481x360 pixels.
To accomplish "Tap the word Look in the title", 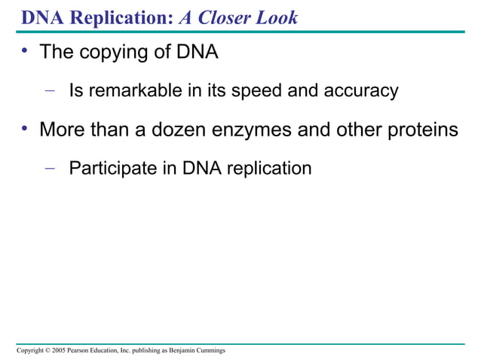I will (x=277, y=17).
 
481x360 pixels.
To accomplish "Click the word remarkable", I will (x=130, y=92).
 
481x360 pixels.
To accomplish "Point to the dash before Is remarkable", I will (x=50, y=91).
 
